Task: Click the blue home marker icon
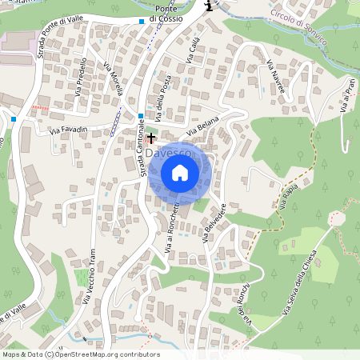[x=180, y=173]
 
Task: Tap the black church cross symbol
[x=151, y=138]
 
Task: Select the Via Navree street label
[x=276, y=77]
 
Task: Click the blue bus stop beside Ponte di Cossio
[x=142, y=21]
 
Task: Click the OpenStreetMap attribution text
[x=80, y=354]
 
